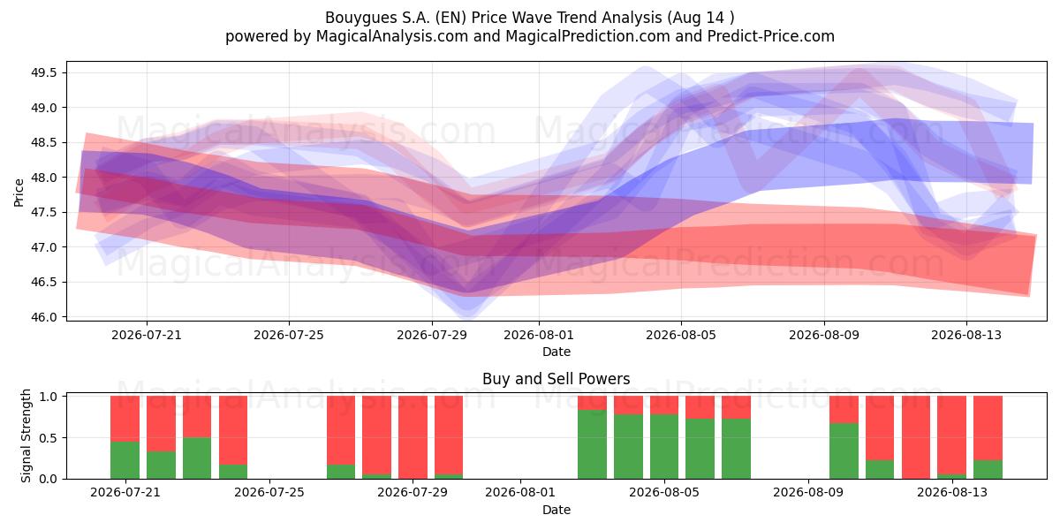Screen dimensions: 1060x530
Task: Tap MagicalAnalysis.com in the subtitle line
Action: point(392,36)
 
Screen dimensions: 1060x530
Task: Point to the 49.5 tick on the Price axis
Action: point(43,72)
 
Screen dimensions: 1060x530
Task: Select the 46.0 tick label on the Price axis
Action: point(43,317)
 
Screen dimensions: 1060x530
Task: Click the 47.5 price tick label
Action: point(43,213)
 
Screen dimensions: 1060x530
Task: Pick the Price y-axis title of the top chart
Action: point(19,193)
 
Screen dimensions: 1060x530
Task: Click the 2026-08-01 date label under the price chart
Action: point(539,336)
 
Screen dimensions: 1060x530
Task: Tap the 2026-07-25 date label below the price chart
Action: point(289,336)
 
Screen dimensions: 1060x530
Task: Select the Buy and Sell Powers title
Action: point(556,379)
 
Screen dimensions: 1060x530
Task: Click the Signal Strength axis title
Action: point(26,435)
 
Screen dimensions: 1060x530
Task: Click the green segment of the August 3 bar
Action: point(592,444)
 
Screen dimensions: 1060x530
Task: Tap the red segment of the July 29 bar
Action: point(413,437)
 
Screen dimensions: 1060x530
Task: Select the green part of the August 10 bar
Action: point(844,451)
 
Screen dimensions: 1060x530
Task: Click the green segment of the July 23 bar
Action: point(197,458)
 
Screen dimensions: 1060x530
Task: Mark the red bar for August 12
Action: point(916,437)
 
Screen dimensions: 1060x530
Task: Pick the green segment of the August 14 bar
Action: point(988,469)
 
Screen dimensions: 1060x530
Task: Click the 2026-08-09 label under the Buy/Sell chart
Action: point(808,493)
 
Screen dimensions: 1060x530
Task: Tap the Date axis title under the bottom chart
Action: point(556,511)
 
